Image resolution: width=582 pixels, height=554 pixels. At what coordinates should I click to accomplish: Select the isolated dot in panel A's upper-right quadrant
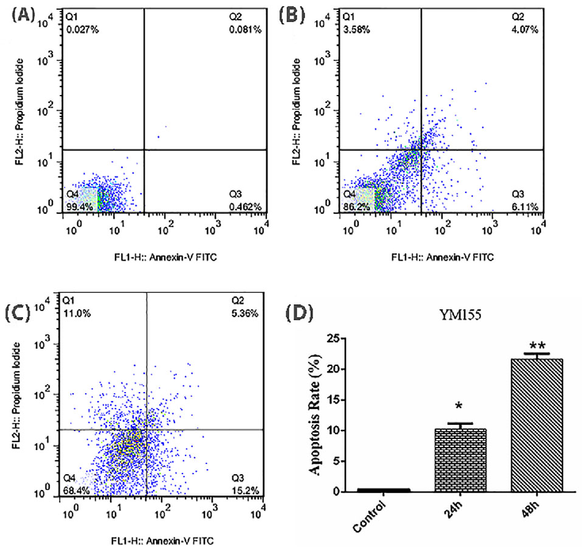(x=159, y=136)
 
